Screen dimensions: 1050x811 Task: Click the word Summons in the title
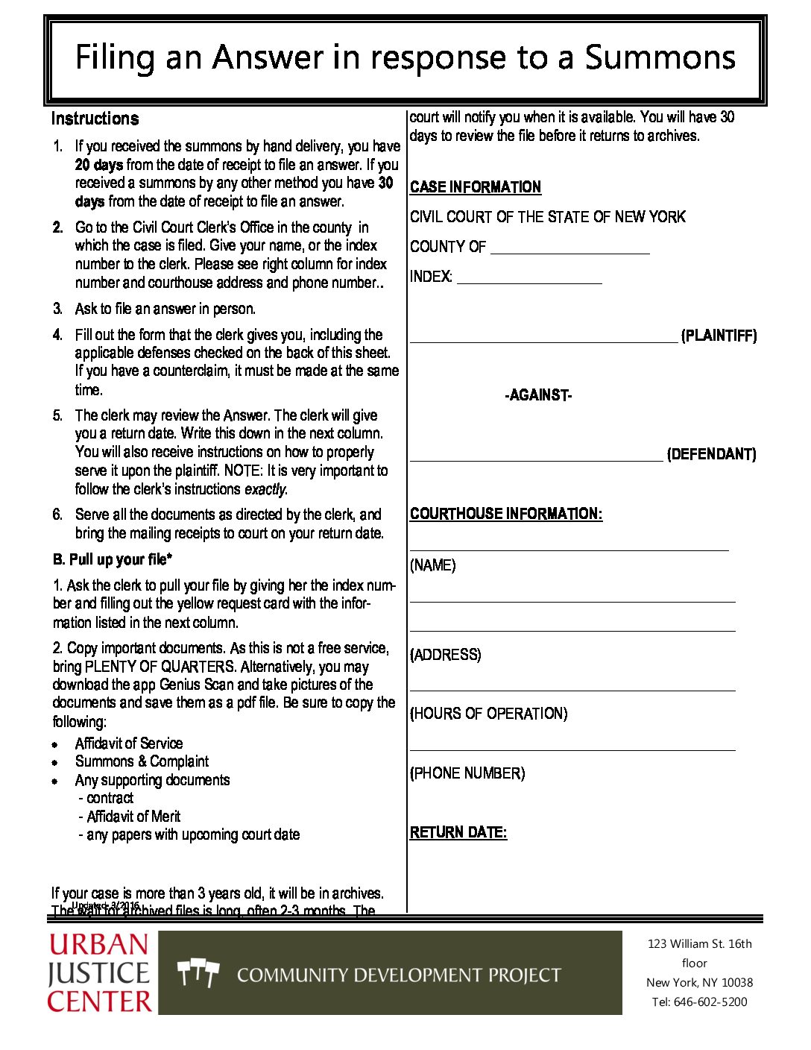click(660, 58)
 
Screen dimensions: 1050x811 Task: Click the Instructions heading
click(95, 119)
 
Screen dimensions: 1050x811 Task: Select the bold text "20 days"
click(98, 165)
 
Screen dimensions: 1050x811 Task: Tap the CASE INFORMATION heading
click(476, 187)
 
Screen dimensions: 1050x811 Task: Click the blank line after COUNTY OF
click(570, 248)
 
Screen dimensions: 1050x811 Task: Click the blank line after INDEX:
click(529, 278)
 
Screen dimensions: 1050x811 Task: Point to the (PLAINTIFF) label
click(719, 336)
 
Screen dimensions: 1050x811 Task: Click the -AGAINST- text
click(538, 395)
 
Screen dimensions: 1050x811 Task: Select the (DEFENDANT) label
click(711, 454)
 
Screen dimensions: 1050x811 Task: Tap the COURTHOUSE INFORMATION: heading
click(506, 514)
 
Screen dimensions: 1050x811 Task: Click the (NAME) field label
click(433, 565)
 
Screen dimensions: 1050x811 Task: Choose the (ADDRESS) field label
click(446, 655)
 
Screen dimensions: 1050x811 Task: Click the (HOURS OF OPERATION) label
click(489, 714)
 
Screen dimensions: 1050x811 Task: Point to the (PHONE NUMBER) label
click(467, 773)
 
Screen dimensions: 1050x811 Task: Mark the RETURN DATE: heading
click(458, 832)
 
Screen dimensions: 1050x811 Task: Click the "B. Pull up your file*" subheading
click(113, 559)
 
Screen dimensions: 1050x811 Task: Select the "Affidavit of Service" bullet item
click(129, 744)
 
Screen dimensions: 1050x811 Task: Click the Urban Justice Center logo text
click(99, 973)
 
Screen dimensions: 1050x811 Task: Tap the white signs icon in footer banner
click(198, 973)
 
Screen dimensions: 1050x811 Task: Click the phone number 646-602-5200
click(710, 1002)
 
